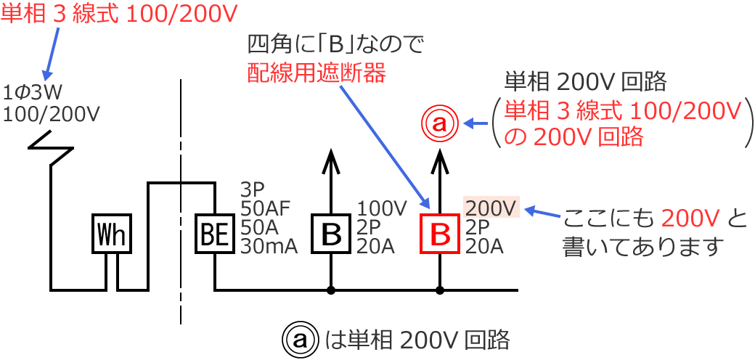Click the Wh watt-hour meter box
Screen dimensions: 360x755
112,234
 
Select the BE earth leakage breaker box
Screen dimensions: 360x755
215,234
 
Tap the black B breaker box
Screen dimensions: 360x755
331,234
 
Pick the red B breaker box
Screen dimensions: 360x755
440,234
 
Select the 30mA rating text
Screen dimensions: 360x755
269,247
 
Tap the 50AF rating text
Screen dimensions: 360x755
265,209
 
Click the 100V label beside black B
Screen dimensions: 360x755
381,209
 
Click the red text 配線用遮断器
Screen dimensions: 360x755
316,73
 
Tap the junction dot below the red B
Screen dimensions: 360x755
440,291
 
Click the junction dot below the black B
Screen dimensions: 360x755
331,291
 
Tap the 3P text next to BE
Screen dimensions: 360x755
252,190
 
